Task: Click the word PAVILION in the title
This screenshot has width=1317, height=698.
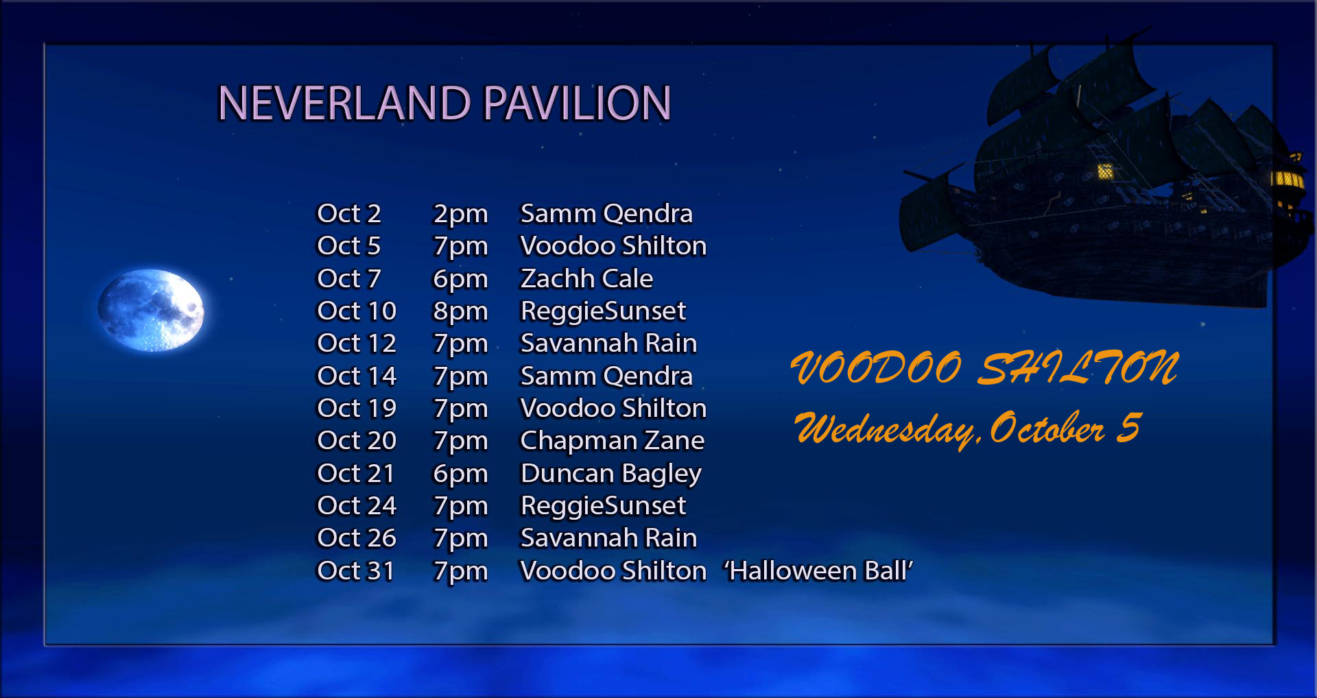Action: pos(577,103)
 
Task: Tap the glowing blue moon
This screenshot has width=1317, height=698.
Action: pos(151,310)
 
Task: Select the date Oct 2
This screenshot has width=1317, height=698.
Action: pos(348,214)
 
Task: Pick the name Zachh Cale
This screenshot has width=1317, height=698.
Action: pos(586,278)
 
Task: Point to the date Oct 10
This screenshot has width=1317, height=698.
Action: pos(357,311)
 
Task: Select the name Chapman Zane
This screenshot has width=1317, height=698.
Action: pos(613,441)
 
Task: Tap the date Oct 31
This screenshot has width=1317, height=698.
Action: pos(355,571)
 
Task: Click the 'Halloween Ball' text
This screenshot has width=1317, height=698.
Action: pos(818,570)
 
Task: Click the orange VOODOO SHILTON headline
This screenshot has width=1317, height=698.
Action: pos(985,368)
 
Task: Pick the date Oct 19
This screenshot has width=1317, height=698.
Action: pos(357,409)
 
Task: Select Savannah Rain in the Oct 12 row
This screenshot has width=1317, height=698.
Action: pos(608,344)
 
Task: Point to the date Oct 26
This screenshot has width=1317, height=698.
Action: pos(357,538)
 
